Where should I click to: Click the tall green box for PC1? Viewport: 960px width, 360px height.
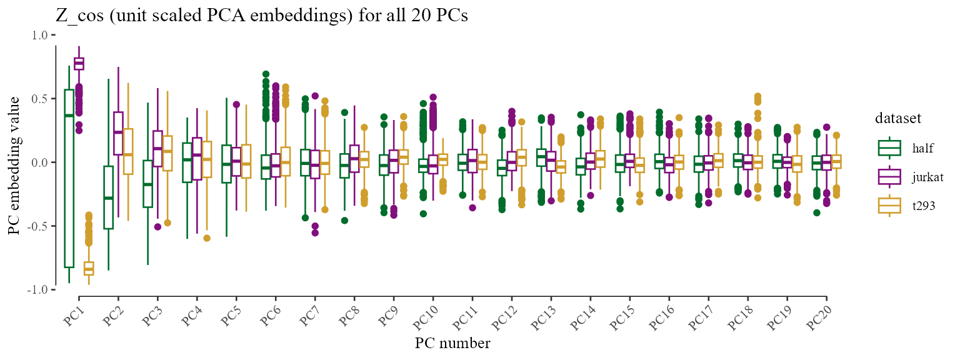point(69,179)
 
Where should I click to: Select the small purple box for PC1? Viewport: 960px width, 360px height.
point(79,64)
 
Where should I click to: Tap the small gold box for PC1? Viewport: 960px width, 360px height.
point(89,269)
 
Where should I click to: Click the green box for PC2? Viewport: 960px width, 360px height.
point(109,197)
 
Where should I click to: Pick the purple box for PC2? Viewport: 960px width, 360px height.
point(118,134)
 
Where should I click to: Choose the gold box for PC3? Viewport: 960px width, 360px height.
point(167,153)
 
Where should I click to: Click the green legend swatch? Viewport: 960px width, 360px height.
point(889,148)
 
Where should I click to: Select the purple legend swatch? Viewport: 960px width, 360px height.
point(889,177)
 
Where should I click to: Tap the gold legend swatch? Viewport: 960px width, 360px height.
point(889,206)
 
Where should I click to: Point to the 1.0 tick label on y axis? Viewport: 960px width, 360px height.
point(39,35)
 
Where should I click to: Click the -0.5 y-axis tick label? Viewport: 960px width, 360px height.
point(37,226)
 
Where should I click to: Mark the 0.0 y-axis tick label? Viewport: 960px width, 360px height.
point(39,162)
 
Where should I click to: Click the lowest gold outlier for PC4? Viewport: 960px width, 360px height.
point(207,238)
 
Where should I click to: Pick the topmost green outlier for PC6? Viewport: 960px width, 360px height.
point(266,74)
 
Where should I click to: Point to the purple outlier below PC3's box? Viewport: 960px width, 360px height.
point(157,227)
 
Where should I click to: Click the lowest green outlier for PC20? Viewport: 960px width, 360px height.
point(817,212)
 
